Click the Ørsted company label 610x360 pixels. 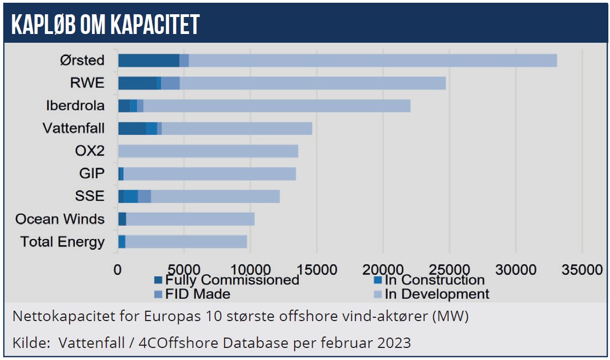click(x=82, y=60)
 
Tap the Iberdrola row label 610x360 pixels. click(x=75, y=105)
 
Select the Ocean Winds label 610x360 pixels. click(x=60, y=219)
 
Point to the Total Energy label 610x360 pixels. click(x=62, y=242)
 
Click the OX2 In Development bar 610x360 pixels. click(x=208, y=151)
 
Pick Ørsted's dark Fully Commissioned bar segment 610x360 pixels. click(x=148, y=60)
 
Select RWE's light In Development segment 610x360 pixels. click(x=312, y=83)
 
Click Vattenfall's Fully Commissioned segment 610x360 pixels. click(x=132, y=128)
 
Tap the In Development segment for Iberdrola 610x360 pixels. click(x=277, y=106)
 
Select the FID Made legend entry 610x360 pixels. click(x=197, y=294)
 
